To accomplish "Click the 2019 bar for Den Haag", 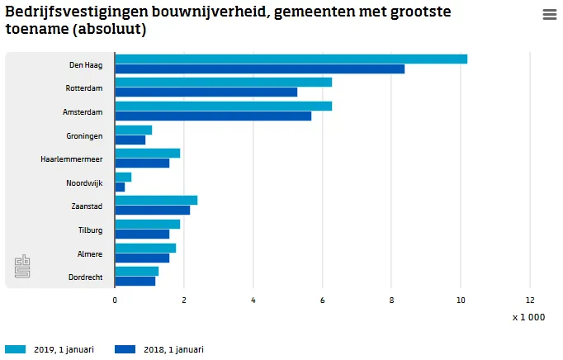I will pyautogui.click(x=291, y=59).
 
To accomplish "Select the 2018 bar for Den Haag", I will pyautogui.click(x=259, y=69).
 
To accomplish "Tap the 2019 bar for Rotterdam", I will pyautogui.click(x=223, y=82).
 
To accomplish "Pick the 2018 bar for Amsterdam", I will pyautogui.click(x=213, y=116).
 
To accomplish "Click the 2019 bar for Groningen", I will pyautogui.click(x=134, y=130).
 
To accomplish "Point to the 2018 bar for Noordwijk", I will pyautogui.click(x=120, y=187).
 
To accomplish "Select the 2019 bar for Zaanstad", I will pyautogui.click(x=156, y=200).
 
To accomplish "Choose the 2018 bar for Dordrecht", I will pyautogui.click(x=135, y=281).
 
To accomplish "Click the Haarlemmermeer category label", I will pyautogui.click(x=71, y=159).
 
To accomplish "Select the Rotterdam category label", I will pyautogui.click(x=83, y=88).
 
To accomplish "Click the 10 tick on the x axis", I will pyautogui.click(x=461, y=301).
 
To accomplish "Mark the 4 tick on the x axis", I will pyautogui.click(x=253, y=301).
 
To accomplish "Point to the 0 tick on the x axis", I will pyautogui.click(x=115, y=301).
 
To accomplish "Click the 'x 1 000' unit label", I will pyautogui.click(x=528, y=317).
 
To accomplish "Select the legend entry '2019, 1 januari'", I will pyautogui.click(x=49, y=349).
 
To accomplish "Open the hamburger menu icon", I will pyautogui.click(x=549, y=15).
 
